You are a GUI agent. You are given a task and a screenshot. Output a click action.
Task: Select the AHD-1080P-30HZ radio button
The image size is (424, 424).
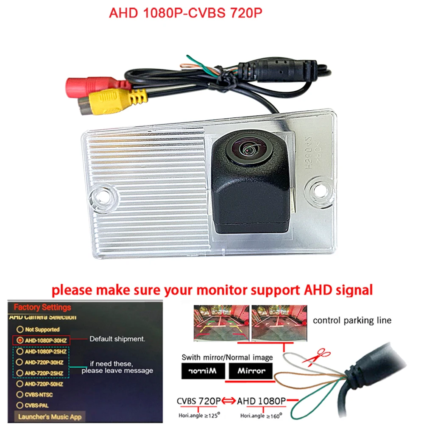20,340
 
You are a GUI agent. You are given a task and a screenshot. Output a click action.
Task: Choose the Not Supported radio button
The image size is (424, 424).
20,329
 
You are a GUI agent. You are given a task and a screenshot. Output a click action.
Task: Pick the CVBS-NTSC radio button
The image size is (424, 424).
20,395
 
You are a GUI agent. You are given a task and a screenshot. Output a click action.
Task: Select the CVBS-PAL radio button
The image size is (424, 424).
20,405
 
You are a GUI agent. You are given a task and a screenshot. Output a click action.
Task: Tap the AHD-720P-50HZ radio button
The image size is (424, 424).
20,384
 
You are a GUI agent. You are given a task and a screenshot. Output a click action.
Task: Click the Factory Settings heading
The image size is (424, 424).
42,307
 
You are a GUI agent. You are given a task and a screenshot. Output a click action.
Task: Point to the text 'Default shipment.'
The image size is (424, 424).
117,339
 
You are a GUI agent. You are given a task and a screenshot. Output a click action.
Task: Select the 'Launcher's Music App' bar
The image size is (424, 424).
49,416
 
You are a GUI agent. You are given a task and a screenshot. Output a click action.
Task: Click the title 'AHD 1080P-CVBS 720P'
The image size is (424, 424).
186,13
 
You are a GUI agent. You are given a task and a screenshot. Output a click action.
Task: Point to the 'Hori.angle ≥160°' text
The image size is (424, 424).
260,414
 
